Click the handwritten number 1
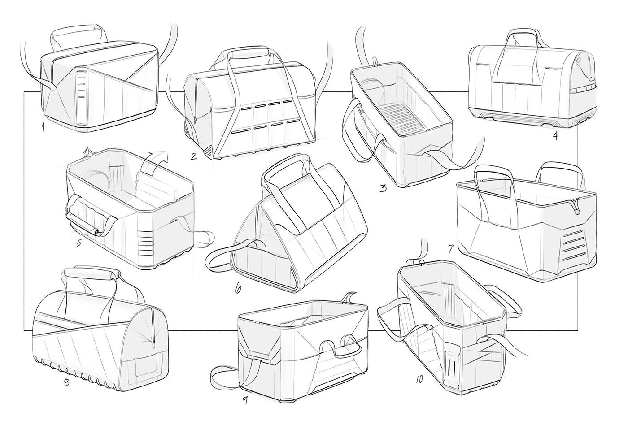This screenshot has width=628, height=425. tap(43, 129)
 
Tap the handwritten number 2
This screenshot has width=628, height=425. tap(194, 156)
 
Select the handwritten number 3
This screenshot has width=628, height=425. tap(382, 188)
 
